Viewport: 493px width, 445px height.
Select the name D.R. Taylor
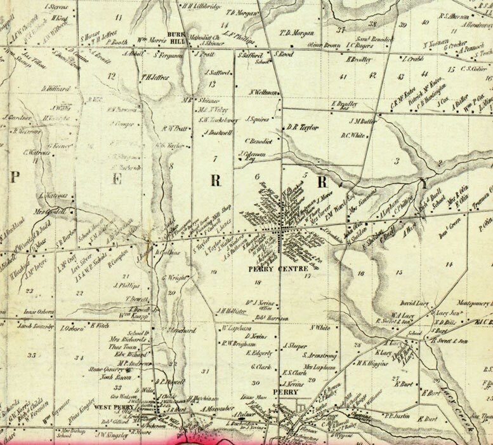click(x=302, y=127)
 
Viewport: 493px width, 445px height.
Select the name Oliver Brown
click(x=324, y=45)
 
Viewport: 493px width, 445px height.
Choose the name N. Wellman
click(x=265, y=92)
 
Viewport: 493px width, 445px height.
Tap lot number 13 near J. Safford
click(x=212, y=84)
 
